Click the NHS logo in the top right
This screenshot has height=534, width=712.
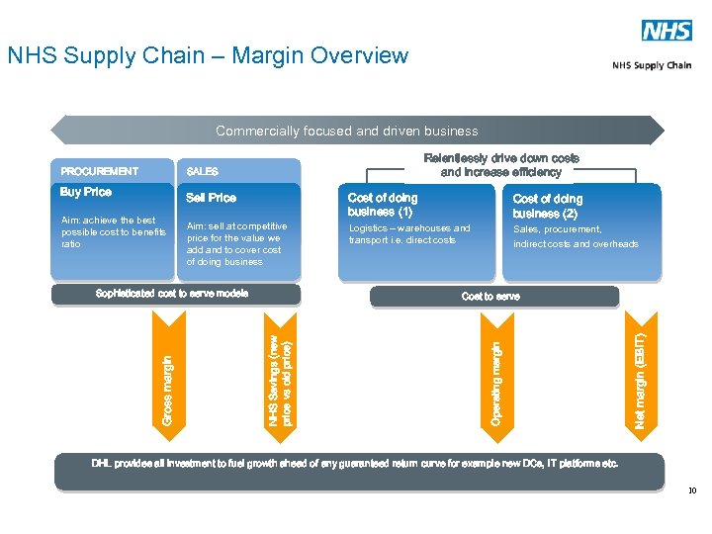pos(667,31)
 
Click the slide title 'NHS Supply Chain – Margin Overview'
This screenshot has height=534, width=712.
pos(208,55)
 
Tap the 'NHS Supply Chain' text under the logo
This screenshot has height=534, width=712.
pos(652,65)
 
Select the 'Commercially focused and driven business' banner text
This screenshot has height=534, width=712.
pos(346,131)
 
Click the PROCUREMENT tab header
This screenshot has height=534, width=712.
pos(100,171)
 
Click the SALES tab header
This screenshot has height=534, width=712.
pos(203,172)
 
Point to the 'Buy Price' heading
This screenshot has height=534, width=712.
pos(86,192)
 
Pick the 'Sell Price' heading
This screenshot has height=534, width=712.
pos(212,198)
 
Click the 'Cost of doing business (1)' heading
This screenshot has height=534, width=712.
pos(383,205)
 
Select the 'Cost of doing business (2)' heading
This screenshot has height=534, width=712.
pos(548,206)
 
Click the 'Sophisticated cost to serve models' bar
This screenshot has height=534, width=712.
pos(172,294)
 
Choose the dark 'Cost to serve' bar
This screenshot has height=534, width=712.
pos(491,297)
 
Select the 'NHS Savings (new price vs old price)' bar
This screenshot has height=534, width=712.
pos(280,371)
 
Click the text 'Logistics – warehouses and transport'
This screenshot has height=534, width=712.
pos(409,234)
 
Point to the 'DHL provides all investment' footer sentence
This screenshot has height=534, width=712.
pos(355,464)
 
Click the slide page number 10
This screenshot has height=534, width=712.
pos(692,489)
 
